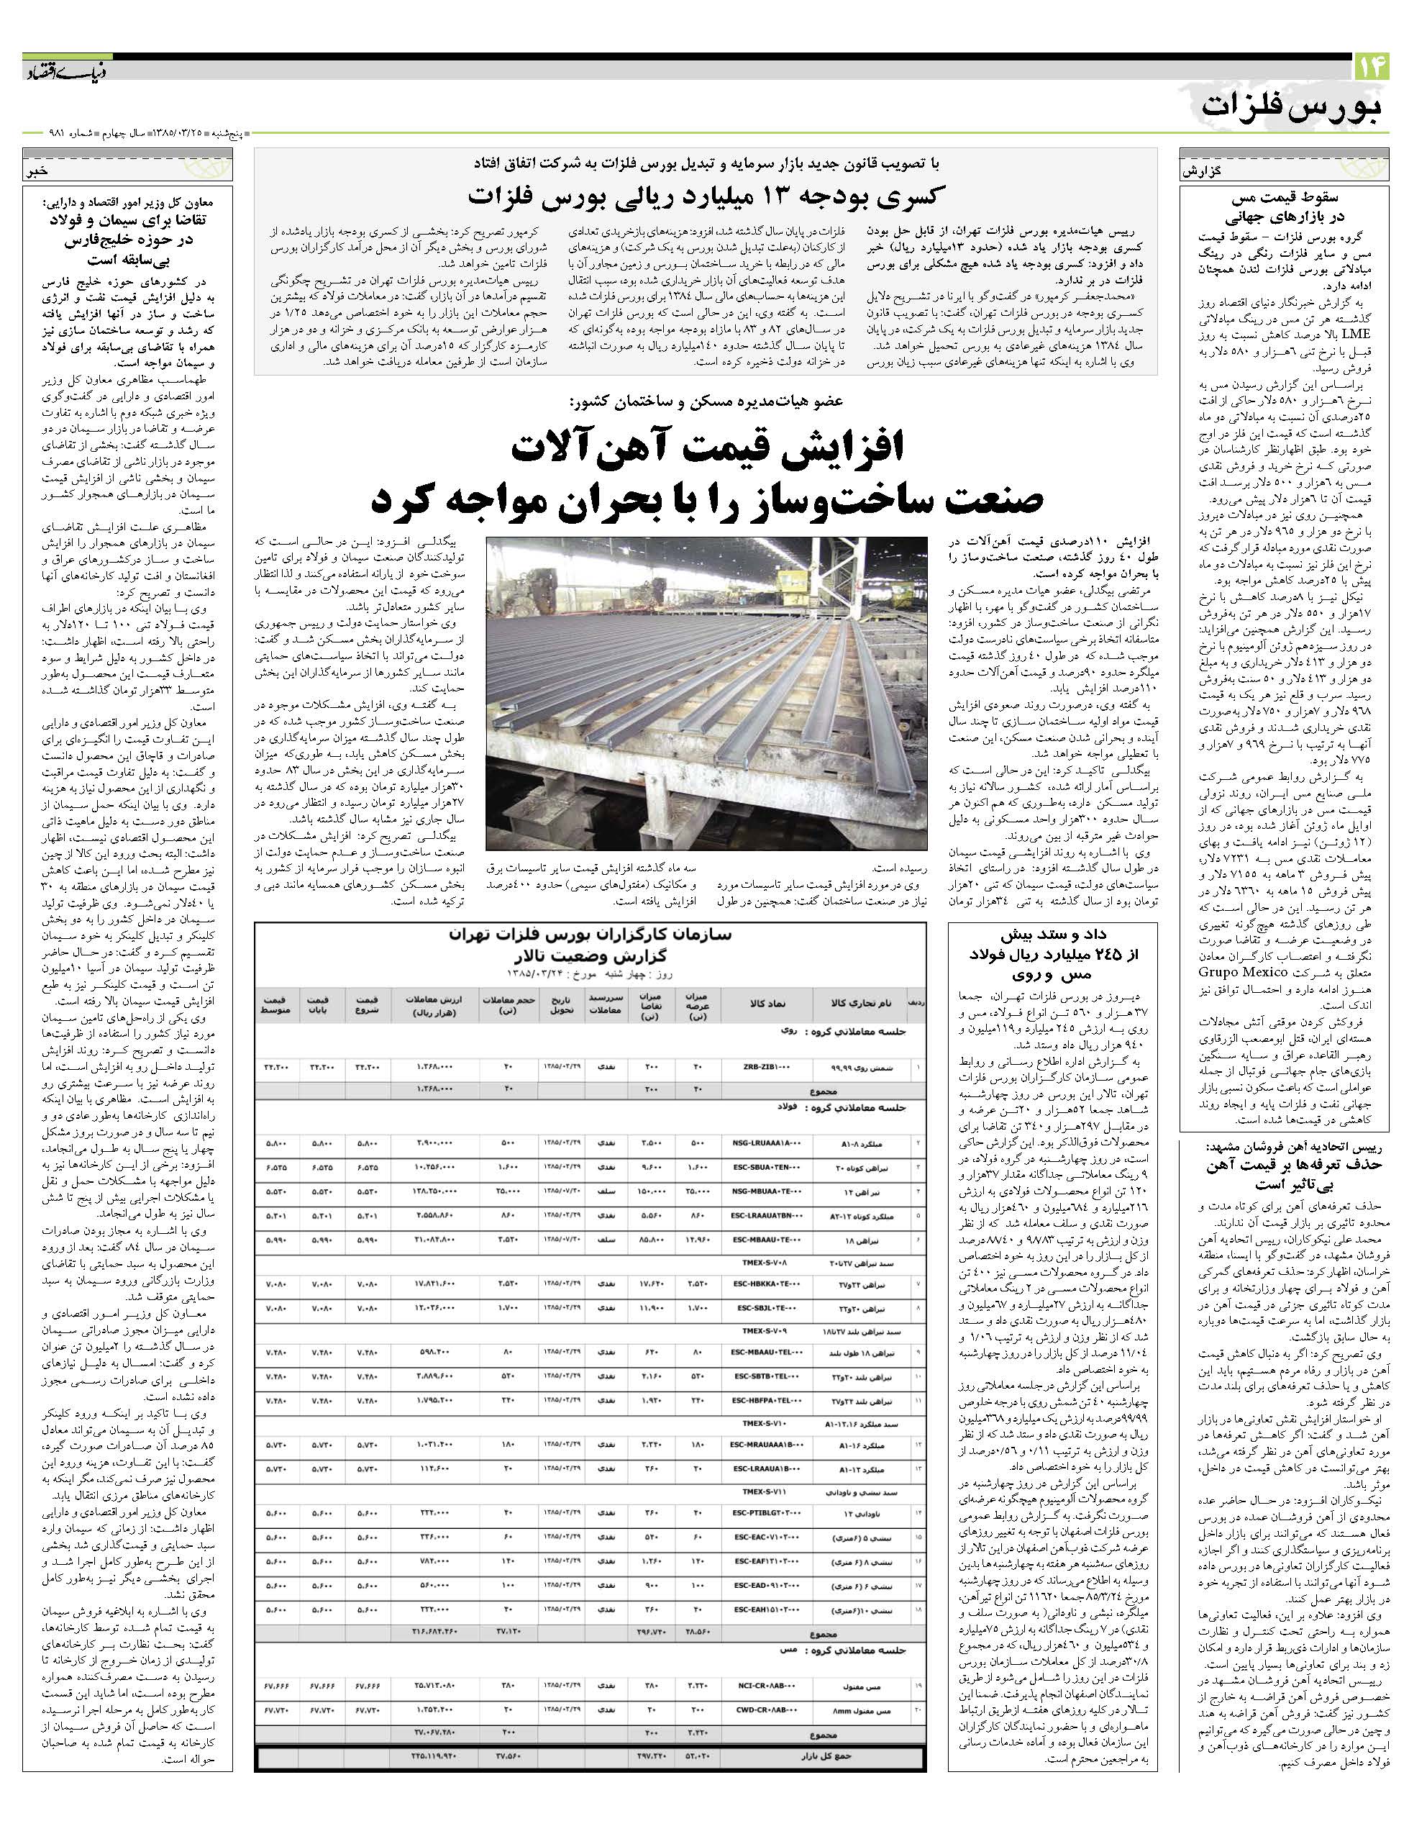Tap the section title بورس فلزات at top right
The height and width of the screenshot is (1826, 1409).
tap(1291, 108)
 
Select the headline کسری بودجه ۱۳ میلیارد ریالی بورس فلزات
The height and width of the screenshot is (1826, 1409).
tap(706, 196)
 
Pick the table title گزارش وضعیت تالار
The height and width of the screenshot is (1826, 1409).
tap(589, 955)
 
